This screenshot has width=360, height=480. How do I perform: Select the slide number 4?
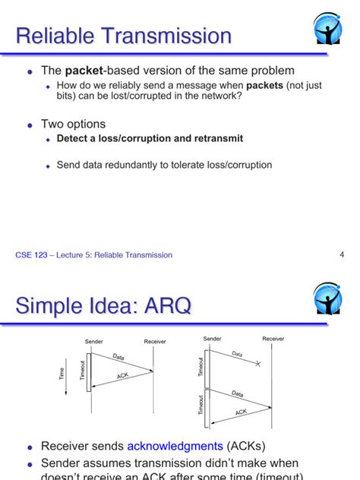tap(342, 254)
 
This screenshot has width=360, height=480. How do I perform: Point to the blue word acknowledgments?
tap(174, 447)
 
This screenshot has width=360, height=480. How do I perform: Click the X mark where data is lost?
tap(257, 365)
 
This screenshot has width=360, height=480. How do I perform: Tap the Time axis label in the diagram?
tap(62, 374)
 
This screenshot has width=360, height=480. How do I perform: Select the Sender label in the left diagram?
tap(93, 342)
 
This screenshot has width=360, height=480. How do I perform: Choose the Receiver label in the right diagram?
tap(273, 339)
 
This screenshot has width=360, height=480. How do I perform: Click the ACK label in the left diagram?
tap(123, 376)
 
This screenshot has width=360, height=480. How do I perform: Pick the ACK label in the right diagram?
tap(242, 412)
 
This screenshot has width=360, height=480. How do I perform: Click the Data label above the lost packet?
tap(237, 354)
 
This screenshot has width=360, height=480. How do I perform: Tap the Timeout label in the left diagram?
tap(83, 371)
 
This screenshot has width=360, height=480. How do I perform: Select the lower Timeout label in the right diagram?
tap(201, 406)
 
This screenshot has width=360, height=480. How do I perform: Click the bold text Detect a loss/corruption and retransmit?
tap(150, 139)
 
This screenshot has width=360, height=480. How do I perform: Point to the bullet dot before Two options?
tap(30, 125)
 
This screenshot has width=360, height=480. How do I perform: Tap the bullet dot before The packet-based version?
tap(30, 71)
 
